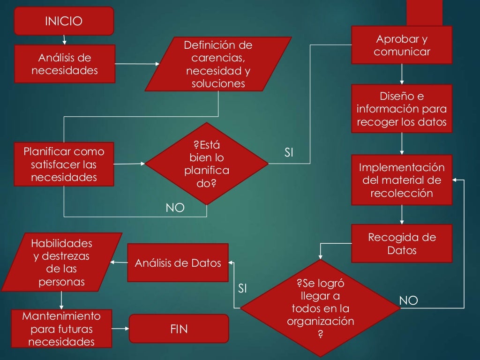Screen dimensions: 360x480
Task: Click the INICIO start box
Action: tap(64, 21)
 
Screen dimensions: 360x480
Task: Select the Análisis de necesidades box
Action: tap(65, 64)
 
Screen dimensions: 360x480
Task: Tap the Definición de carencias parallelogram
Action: tap(218, 64)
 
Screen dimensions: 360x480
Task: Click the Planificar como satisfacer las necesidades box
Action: tap(64, 164)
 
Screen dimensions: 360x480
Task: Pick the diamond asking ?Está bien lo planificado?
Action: tap(207, 164)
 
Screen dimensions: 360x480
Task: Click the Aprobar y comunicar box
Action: tap(402, 45)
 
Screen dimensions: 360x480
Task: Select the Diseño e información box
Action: tap(402, 109)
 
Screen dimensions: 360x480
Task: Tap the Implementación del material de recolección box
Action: tap(402, 180)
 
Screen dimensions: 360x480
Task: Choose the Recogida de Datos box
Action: tap(402, 243)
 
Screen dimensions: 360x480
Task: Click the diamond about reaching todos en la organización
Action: tap(320, 308)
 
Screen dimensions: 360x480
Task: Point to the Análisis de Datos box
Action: tap(178, 263)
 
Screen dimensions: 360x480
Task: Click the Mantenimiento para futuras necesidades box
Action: tap(64, 329)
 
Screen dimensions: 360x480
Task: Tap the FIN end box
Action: tap(179, 329)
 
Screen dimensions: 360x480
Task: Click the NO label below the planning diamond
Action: tap(175, 208)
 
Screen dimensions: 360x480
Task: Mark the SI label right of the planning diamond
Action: tap(289, 152)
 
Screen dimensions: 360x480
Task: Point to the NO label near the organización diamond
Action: tap(408, 300)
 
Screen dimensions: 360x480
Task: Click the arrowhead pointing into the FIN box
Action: tap(127, 329)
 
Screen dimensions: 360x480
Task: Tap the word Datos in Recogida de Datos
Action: tap(402, 250)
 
